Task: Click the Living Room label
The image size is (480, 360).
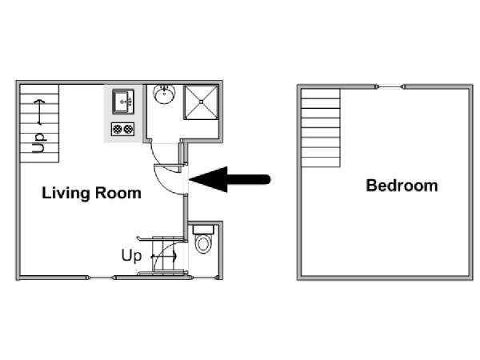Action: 91,194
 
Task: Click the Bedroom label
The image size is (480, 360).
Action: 402,186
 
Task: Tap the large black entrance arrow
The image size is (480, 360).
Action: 230,179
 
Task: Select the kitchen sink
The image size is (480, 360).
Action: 123,102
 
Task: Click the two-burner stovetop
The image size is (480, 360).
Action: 122,129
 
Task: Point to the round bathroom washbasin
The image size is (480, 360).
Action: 164,94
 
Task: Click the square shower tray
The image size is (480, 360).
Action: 201,102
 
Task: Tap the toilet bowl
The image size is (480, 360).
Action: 203,244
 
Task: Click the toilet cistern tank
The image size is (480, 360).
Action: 203,230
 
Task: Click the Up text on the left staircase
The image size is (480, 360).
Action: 39,143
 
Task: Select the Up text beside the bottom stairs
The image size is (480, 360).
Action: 131,256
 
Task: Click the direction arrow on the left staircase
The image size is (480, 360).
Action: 39,112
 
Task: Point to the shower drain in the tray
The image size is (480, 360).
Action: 201,102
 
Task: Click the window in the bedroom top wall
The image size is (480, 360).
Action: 391,87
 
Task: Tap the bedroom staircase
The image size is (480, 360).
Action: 321,128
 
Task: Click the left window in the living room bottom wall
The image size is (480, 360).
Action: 101,278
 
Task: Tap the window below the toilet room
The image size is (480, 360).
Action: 205,278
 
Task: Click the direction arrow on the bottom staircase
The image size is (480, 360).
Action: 164,256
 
